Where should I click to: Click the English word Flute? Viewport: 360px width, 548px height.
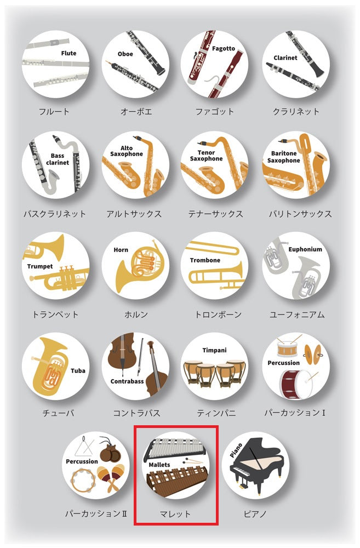pyautogui.click(x=68, y=53)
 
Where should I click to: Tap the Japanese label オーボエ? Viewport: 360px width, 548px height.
pyautogui.click(x=136, y=111)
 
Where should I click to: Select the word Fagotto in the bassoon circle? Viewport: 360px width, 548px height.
pyautogui.click(x=224, y=49)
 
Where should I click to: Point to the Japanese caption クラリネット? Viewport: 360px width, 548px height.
pyautogui.click(x=296, y=111)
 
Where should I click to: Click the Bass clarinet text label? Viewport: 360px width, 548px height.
pyautogui.click(x=58, y=159)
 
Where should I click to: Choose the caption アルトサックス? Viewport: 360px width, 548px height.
pyautogui.click(x=134, y=214)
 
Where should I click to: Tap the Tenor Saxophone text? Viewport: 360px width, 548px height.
pyautogui.click(x=206, y=156)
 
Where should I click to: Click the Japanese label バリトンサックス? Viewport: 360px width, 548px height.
pyautogui.click(x=300, y=214)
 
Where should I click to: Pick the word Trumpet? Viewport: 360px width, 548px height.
pyautogui.click(x=40, y=266)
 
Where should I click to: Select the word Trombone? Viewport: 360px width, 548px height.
pyautogui.click(x=205, y=260)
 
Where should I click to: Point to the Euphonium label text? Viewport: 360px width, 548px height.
pyautogui.click(x=305, y=249)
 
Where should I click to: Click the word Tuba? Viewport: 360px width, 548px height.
pyautogui.click(x=78, y=370)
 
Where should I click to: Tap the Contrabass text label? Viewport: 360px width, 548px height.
pyautogui.click(x=127, y=381)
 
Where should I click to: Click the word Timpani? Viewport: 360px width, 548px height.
pyautogui.click(x=214, y=350)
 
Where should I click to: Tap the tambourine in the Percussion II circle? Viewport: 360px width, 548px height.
pyautogui.click(x=83, y=481)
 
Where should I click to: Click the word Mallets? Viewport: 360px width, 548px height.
pyautogui.click(x=159, y=465)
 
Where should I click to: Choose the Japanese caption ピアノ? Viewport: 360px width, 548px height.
pyautogui.click(x=255, y=514)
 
